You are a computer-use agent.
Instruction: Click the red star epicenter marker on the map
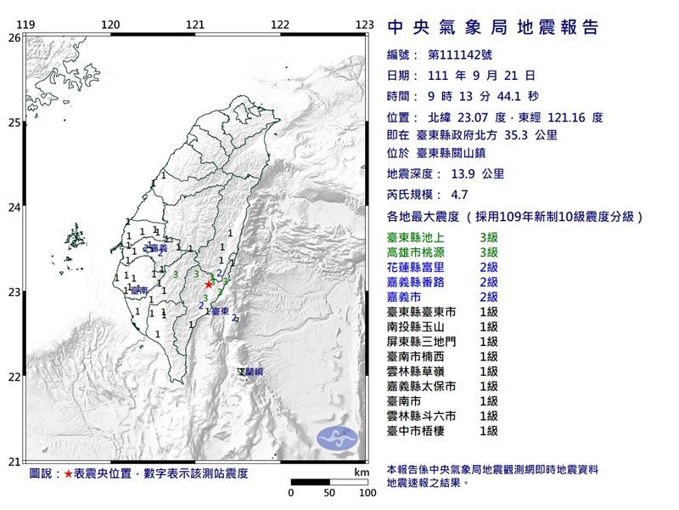209,284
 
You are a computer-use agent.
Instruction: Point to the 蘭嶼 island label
251,372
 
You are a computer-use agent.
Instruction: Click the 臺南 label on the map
139,291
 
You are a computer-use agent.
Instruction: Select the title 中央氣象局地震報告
493,28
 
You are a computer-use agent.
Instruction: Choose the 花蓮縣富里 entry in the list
441,267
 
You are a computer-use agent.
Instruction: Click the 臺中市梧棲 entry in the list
441,431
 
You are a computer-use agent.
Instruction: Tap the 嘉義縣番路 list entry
441,281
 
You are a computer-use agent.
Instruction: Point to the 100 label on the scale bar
367,493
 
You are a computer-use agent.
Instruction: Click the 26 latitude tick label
14,38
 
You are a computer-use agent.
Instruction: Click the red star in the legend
69,473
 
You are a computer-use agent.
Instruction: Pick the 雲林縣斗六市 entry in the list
441,416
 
